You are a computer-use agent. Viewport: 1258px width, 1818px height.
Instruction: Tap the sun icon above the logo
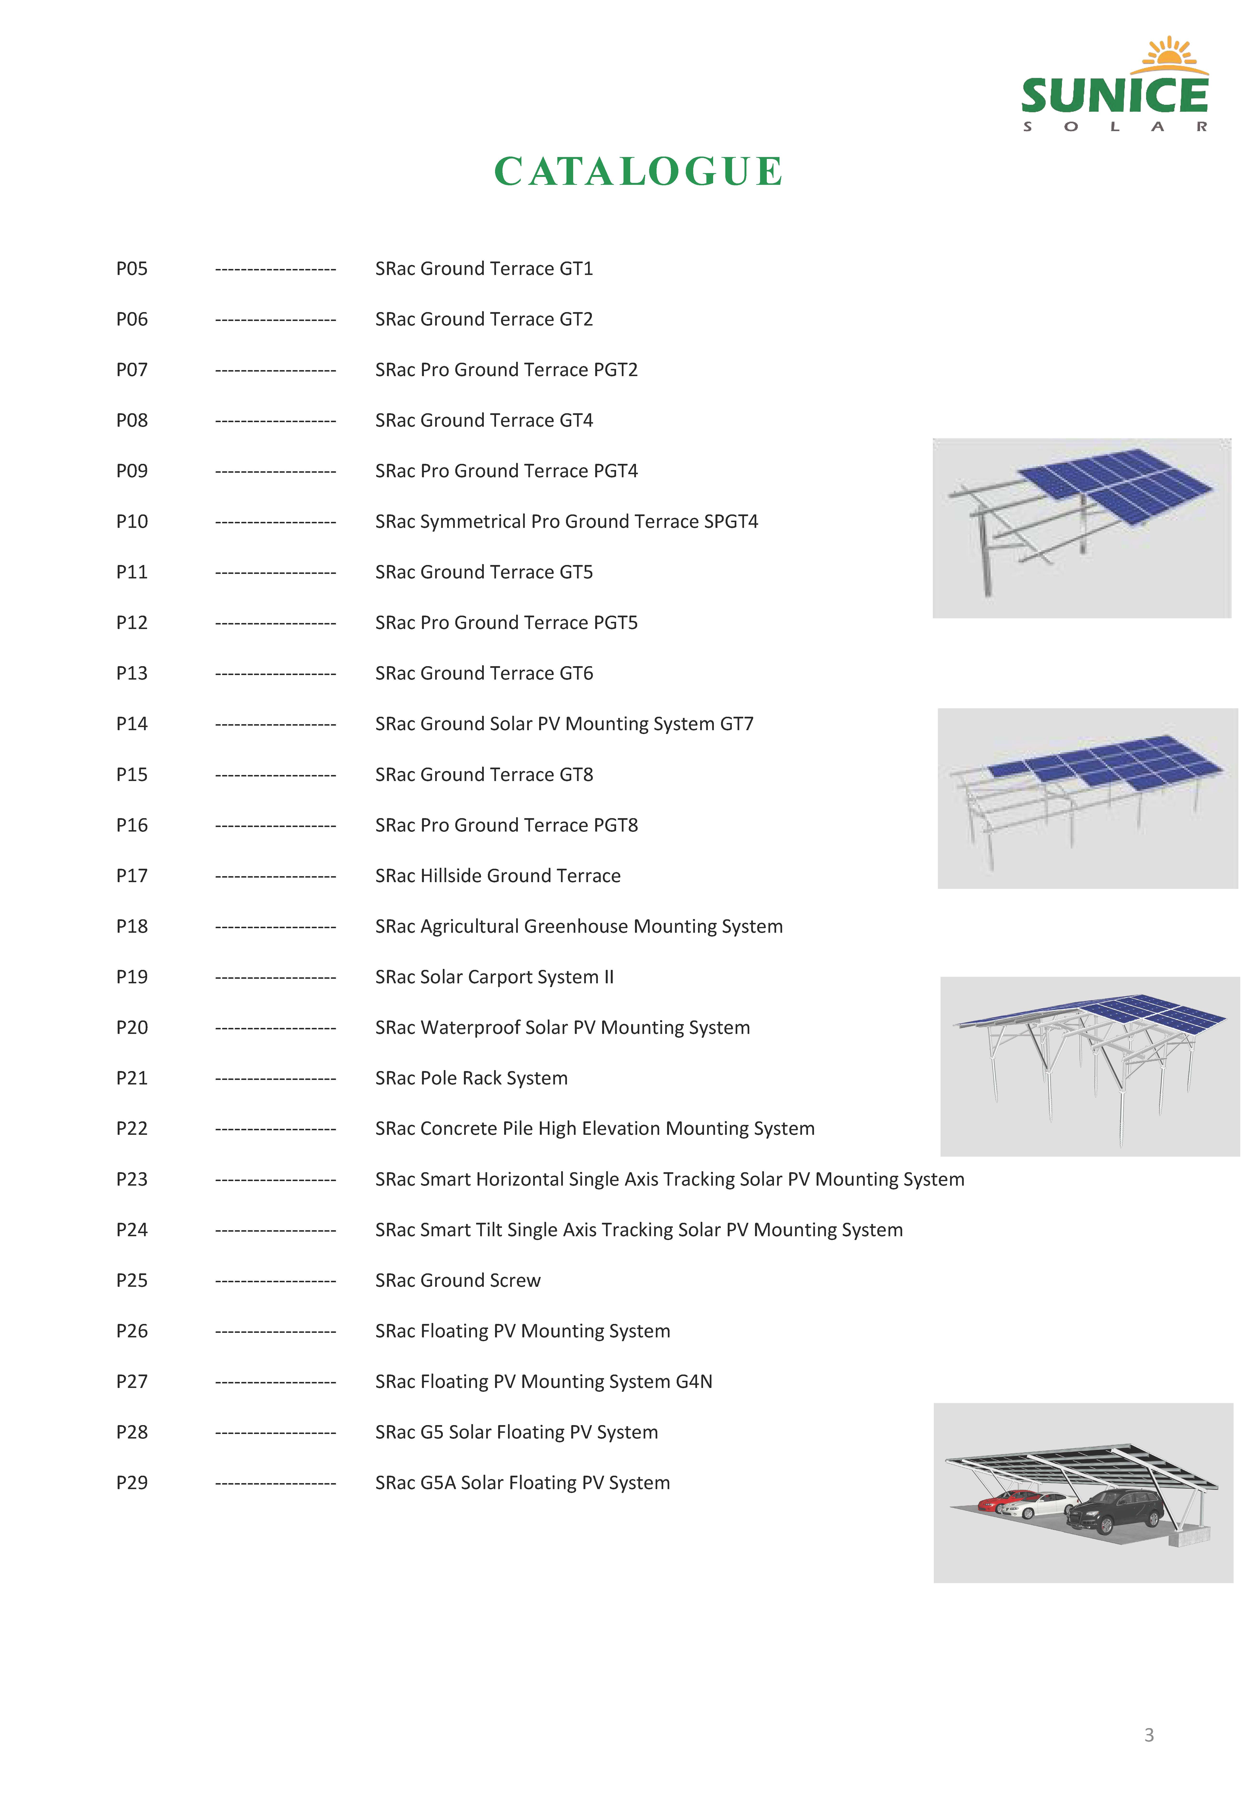[1173, 54]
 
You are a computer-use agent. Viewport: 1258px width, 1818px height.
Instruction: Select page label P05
[132, 269]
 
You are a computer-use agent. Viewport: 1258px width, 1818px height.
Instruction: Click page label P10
[132, 522]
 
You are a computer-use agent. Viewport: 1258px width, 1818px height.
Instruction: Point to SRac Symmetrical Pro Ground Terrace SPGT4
[566, 522]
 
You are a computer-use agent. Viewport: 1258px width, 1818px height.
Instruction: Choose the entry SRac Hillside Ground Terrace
[497, 876]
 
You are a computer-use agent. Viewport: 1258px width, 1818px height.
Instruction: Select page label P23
[132, 1179]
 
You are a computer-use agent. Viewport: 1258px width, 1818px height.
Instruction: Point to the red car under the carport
[995, 1502]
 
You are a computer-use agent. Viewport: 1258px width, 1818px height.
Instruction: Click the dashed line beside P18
[275, 927]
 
